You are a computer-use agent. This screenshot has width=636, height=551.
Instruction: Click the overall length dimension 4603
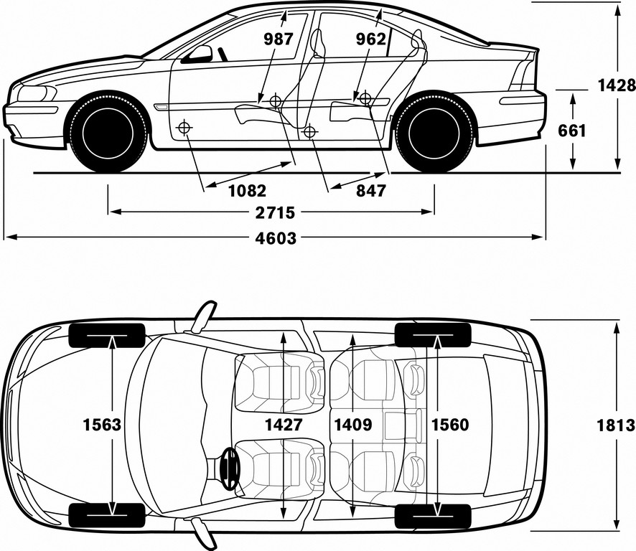pos(276,238)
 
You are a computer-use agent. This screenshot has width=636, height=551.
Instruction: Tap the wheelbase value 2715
pos(275,212)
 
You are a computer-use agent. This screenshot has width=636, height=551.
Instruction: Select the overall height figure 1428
pos(617,85)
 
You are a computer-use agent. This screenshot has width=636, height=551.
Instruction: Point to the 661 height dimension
pos(572,131)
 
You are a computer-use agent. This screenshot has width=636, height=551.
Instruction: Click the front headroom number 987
pos(279,39)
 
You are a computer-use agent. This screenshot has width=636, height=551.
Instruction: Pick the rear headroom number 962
pos(371,39)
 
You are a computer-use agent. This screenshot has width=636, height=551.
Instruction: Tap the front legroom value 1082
pos(248,190)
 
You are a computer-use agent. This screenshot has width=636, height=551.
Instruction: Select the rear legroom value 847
pos(371,190)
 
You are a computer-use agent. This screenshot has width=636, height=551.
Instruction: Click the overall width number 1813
pos(616,425)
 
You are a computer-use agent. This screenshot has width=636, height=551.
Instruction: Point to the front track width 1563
pos(102,425)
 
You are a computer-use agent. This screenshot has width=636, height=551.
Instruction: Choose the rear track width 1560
pos(450,425)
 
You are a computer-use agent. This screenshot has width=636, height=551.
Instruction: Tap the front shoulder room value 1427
pos(284,425)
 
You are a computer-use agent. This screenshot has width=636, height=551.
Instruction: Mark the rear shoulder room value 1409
pos(353,425)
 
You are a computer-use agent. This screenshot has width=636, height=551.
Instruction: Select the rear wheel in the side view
pos(434,133)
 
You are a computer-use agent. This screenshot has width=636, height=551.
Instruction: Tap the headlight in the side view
pos(37,94)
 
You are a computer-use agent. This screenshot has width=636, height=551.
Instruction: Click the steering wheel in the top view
pos(230,468)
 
